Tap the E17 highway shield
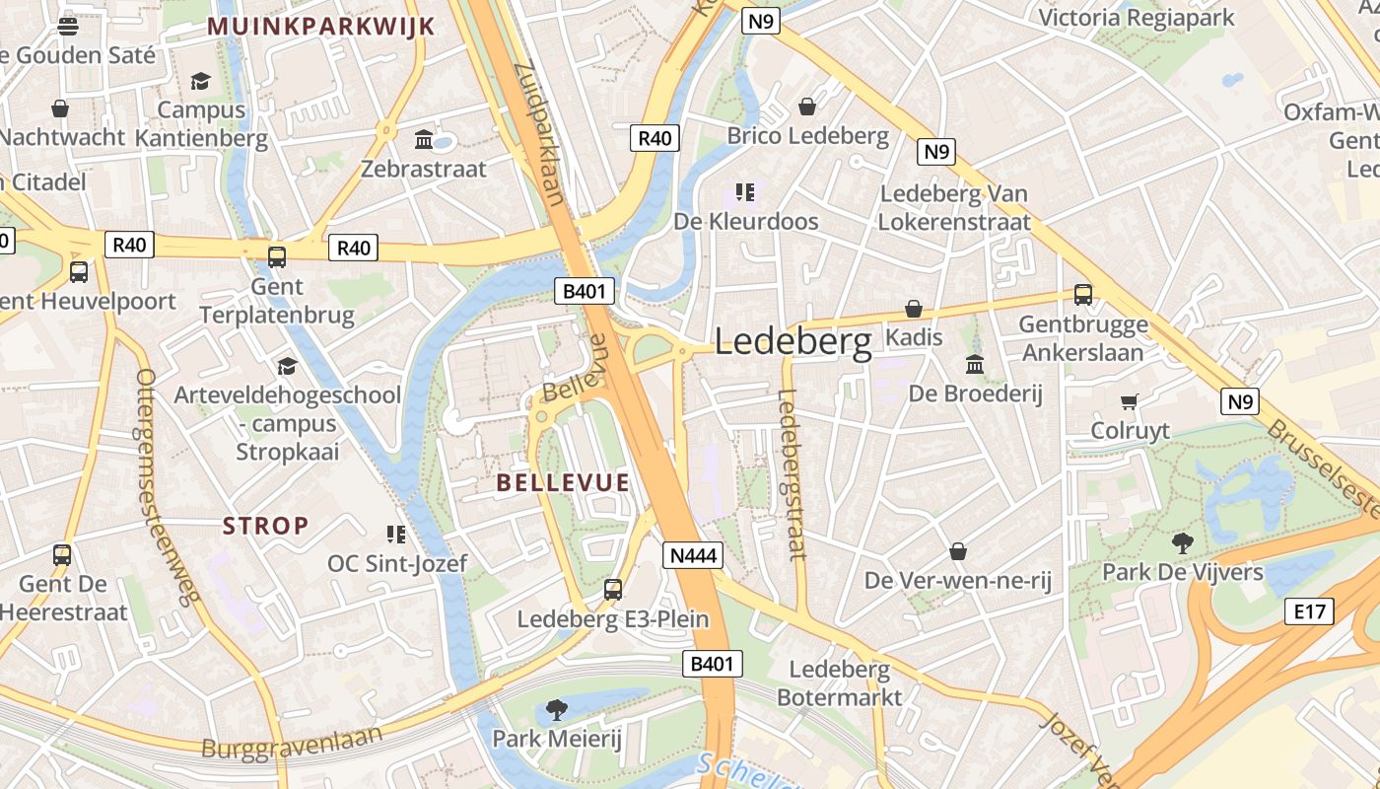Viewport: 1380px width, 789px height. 1309,611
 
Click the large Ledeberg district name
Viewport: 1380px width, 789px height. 793,342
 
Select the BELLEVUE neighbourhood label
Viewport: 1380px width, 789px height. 563,482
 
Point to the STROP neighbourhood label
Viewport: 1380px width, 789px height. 266,526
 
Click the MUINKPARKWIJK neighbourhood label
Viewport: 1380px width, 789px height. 321,27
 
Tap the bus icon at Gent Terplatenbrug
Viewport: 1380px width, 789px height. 277,257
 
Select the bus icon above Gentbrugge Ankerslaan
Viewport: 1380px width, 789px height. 1082,294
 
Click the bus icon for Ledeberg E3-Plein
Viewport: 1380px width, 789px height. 613,590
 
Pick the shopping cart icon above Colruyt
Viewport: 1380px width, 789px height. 1130,401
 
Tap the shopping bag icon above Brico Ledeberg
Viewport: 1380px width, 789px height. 807,107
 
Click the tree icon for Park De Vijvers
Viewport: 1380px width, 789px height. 1182,542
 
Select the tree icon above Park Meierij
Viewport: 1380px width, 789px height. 557,709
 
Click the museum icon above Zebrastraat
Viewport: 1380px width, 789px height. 424,139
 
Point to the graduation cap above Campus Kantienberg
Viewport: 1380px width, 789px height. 201,81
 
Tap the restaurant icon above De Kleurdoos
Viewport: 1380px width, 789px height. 745,191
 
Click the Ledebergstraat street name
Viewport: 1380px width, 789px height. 792,474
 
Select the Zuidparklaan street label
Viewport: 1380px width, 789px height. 539,132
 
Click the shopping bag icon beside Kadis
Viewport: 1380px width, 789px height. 914,309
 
